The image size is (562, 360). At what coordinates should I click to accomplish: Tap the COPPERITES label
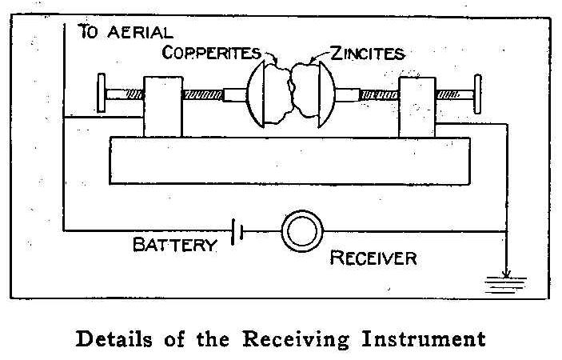click(x=212, y=53)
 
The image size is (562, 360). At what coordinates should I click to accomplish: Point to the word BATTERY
click(x=174, y=245)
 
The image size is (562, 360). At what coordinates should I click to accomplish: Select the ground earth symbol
click(x=506, y=279)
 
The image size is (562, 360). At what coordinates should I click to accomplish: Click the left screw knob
click(x=102, y=94)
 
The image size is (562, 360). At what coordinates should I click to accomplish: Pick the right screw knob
click(x=478, y=94)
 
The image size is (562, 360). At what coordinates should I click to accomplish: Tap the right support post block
click(x=419, y=106)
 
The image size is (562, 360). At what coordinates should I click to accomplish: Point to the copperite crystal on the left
click(x=276, y=94)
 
